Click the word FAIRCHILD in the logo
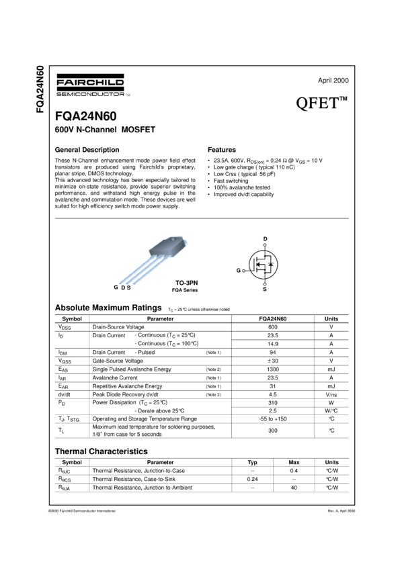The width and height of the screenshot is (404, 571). [89, 83]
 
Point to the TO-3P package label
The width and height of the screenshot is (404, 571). [184, 283]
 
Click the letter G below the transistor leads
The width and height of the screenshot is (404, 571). [116, 287]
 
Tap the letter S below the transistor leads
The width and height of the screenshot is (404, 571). [128, 287]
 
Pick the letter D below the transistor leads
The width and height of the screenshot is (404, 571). [122, 287]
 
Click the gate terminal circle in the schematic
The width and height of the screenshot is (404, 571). [243, 270]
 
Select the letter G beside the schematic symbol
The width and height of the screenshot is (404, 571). [238, 270]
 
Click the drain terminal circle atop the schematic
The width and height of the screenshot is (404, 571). [265, 245]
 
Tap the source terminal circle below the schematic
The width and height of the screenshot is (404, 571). [265, 283]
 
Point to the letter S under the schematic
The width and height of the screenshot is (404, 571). [265, 288]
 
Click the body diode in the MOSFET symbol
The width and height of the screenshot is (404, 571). [271, 265]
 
